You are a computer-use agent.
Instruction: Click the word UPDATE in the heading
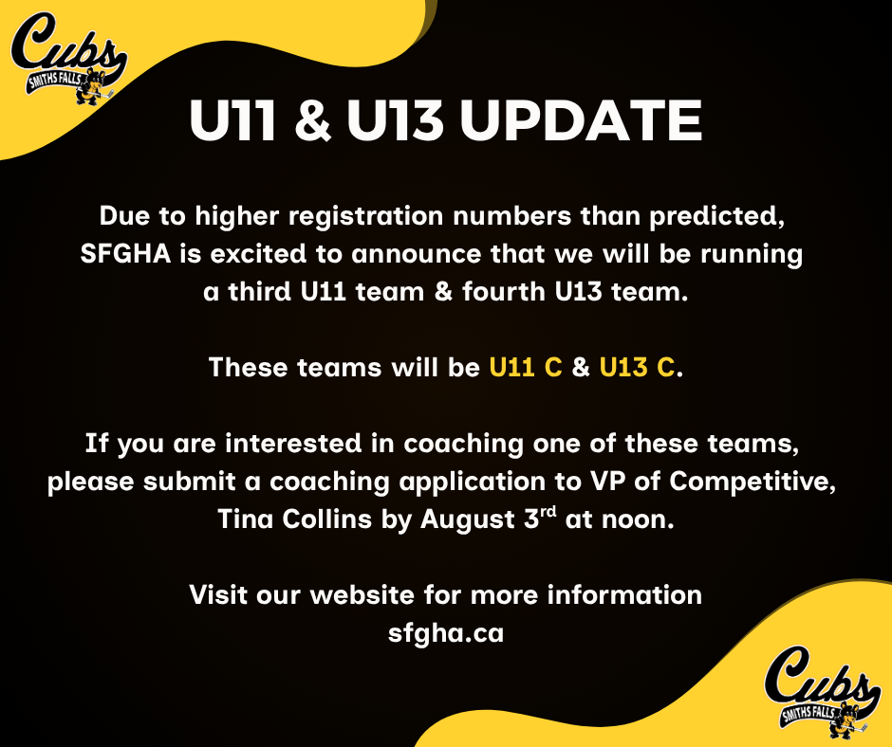tap(581, 120)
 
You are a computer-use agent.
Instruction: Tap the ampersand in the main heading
tap(313, 120)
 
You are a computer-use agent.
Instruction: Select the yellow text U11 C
tap(526, 367)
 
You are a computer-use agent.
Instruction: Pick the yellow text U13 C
tap(637, 367)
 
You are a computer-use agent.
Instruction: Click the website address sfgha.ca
tap(446, 633)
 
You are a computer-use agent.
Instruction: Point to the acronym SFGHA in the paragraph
tap(125, 253)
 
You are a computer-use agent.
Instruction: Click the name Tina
tap(245, 519)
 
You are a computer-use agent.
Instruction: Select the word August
tap(468, 519)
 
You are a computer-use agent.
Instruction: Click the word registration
tap(365, 216)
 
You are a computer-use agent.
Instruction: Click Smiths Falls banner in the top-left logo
tap(53, 80)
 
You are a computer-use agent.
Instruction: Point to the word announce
tap(417, 254)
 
